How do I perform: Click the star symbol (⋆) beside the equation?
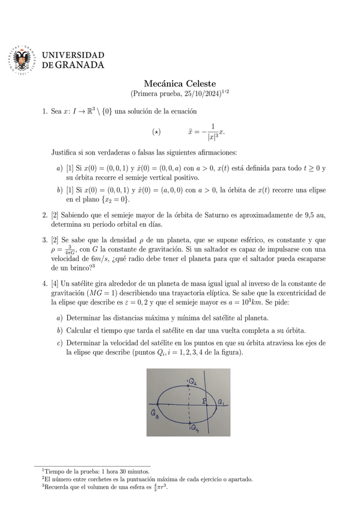pyautogui.click(x=157, y=131)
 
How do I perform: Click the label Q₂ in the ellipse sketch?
pyautogui.click(x=192, y=381)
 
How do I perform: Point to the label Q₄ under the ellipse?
pyautogui.click(x=194, y=428)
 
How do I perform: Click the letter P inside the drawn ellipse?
pyautogui.click(x=204, y=400)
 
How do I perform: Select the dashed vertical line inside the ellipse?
pyautogui.click(x=189, y=404)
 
